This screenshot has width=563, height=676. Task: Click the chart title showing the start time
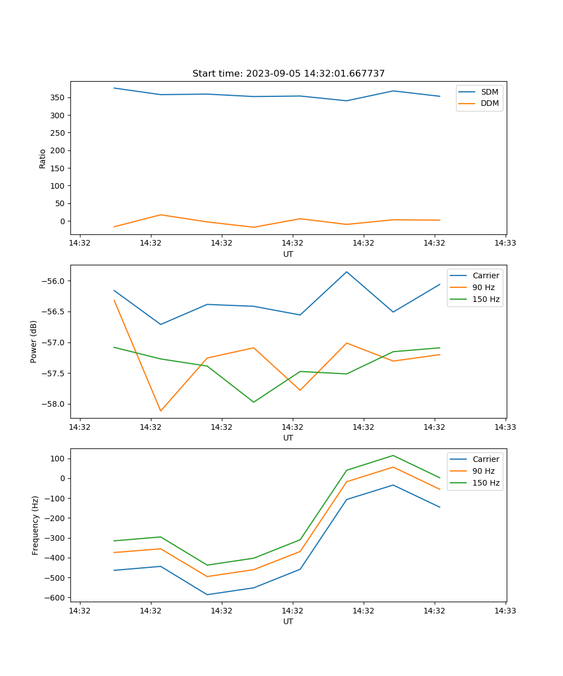pos(288,74)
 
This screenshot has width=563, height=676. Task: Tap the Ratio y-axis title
pos(43,158)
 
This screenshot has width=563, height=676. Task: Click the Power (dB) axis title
pos(34,341)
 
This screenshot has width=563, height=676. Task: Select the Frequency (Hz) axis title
pos(35,525)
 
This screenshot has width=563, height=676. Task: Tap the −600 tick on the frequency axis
pos(55,597)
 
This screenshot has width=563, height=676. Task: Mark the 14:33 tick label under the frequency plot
pos(505,611)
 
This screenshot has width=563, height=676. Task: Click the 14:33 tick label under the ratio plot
pos(505,243)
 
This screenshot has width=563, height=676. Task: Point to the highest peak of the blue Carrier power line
pos(347,272)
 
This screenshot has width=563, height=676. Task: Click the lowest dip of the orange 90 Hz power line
pos(160,411)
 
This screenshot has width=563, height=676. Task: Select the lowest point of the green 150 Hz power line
pos(253,402)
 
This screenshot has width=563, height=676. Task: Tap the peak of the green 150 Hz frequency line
pos(393,455)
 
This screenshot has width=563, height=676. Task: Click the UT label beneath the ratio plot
pos(288,254)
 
